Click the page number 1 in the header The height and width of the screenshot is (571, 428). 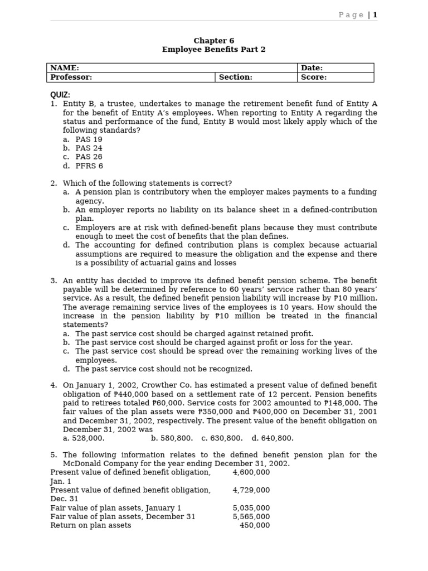[x=375, y=15]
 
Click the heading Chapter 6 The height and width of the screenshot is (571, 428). [x=213, y=41]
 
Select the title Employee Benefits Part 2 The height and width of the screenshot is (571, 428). [x=213, y=50]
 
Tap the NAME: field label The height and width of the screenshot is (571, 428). [x=65, y=68]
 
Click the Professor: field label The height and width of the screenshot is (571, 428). [x=71, y=78]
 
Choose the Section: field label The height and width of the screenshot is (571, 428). [x=235, y=78]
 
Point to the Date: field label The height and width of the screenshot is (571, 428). [x=312, y=68]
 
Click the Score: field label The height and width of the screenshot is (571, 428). [x=314, y=78]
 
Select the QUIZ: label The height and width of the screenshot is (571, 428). [x=60, y=95]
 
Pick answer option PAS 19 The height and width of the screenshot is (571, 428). [x=89, y=139]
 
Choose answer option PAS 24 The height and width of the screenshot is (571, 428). [x=89, y=148]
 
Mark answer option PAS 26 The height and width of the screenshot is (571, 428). [x=89, y=157]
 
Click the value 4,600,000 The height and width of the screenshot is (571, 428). [x=251, y=472]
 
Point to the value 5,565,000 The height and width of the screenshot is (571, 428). [x=251, y=517]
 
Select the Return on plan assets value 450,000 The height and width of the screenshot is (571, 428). [x=255, y=525]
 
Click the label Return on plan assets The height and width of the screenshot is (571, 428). [x=91, y=525]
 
